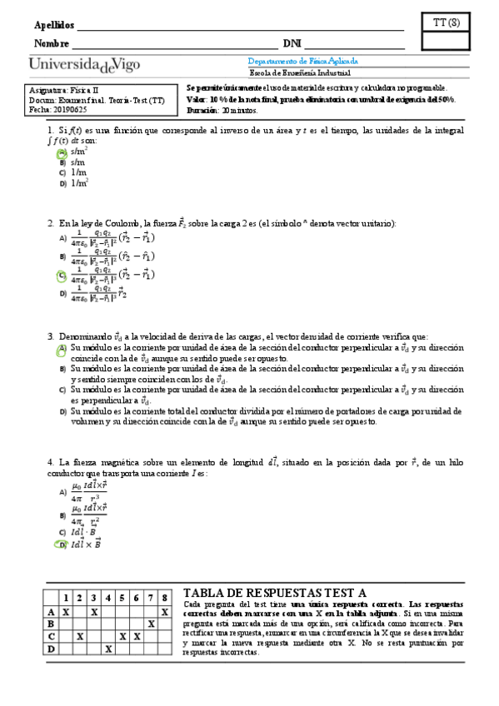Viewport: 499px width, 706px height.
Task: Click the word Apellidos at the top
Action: pyautogui.click(x=52, y=24)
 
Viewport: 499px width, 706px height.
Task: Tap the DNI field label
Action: pyautogui.click(x=292, y=43)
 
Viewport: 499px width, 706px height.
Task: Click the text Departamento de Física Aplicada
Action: pyautogui.click(x=303, y=62)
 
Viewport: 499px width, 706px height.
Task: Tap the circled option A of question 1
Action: pyautogui.click(x=62, y=152)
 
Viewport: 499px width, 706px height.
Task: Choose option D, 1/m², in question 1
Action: pyautogui.click(x=79, y=182)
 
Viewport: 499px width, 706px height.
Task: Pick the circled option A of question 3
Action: pyautogui.click(x=62, y=350)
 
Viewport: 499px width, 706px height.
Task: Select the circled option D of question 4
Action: pyautogui.click(x=62, y=544)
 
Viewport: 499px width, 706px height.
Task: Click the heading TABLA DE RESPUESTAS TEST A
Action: pyautogui.click(x=274, y=592)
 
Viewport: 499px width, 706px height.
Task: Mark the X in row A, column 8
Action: pyautogui.click(x=165, y=611)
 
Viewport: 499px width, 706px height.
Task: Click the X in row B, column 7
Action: pyautogui.click(x=151, y=623)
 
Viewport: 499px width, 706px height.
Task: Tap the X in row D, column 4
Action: pyautogui.click(x=108, y=648)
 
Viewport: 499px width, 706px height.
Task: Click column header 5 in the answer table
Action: pyautogui.click(x=122, y=598)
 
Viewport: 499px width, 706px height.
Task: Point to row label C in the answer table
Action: pyautogui.click(x=50, y=635)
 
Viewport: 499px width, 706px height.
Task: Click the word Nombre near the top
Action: pyautogui.click(x=51, y=43)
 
